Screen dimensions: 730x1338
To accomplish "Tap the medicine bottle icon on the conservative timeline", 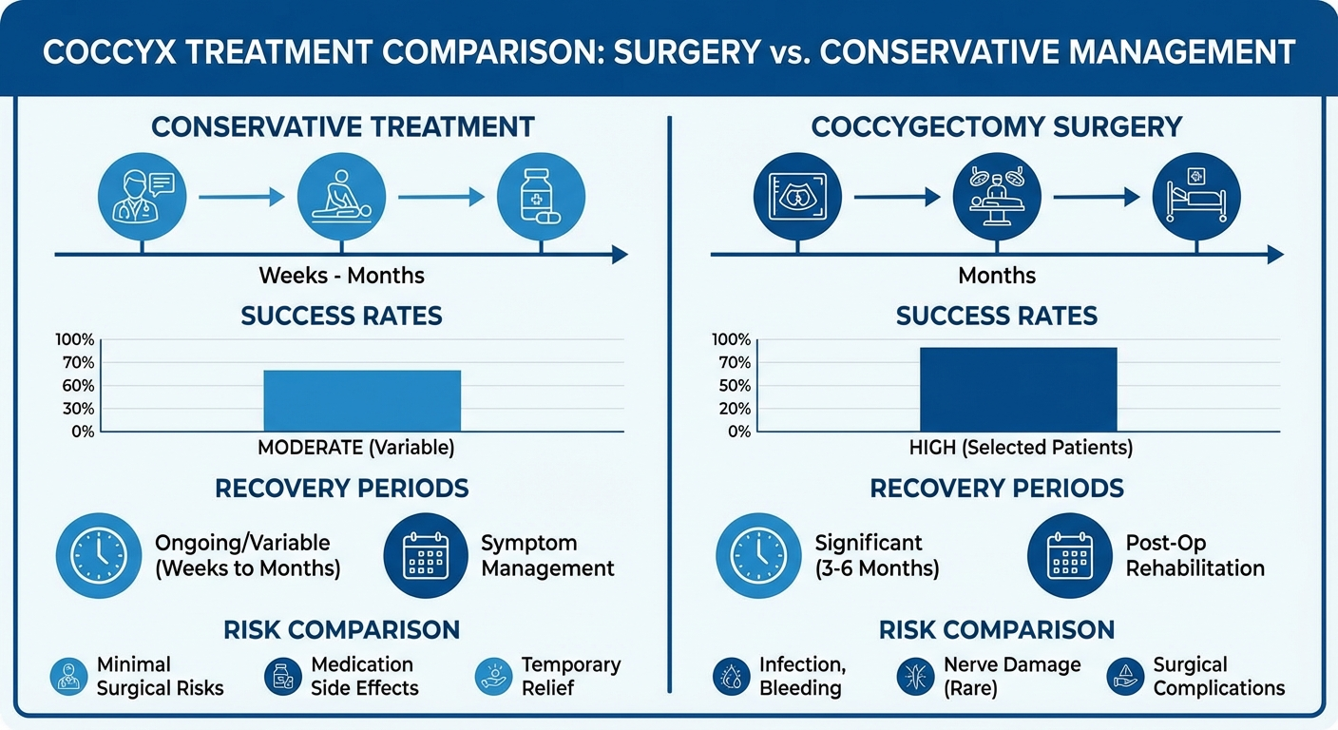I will pyautogui.click(x=541, y=197).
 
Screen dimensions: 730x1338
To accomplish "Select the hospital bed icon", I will pyautogui.click(x=1196, y=197).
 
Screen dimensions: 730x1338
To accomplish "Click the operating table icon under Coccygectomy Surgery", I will pyautogui.click(x=997, y=197).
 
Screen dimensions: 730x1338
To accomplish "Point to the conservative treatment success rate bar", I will pyautogui.click(x=361, y=400).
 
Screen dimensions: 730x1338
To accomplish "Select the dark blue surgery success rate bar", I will pyautogui.click(x=1018, y=390).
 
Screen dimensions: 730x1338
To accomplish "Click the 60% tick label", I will pyautogui.click(x=75, y=386).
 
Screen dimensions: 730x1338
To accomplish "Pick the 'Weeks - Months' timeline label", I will pyautogui.click(x=341, y=277).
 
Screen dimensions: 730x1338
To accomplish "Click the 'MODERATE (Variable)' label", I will pyautogui.click(x=356, y=447).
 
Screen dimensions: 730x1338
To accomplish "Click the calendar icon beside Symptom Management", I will pyautogui.click(x=426, y=556).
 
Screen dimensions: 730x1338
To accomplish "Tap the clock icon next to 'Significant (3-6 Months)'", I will pyautogui.click(x=758, y=556).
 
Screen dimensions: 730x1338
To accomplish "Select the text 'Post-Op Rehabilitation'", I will pyautogui.click(x=1195, y=556).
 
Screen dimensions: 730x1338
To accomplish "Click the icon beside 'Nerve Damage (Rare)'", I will pyautogui.click(x=915, y=677).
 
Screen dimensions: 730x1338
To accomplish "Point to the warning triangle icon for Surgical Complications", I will pyautogui.click(x=1126, y=677).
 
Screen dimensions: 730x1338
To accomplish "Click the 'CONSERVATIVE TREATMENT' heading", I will pyautogui.click(x=342, y=126).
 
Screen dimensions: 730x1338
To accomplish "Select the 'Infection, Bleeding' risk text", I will pyautogui.click(x=803, y=676).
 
